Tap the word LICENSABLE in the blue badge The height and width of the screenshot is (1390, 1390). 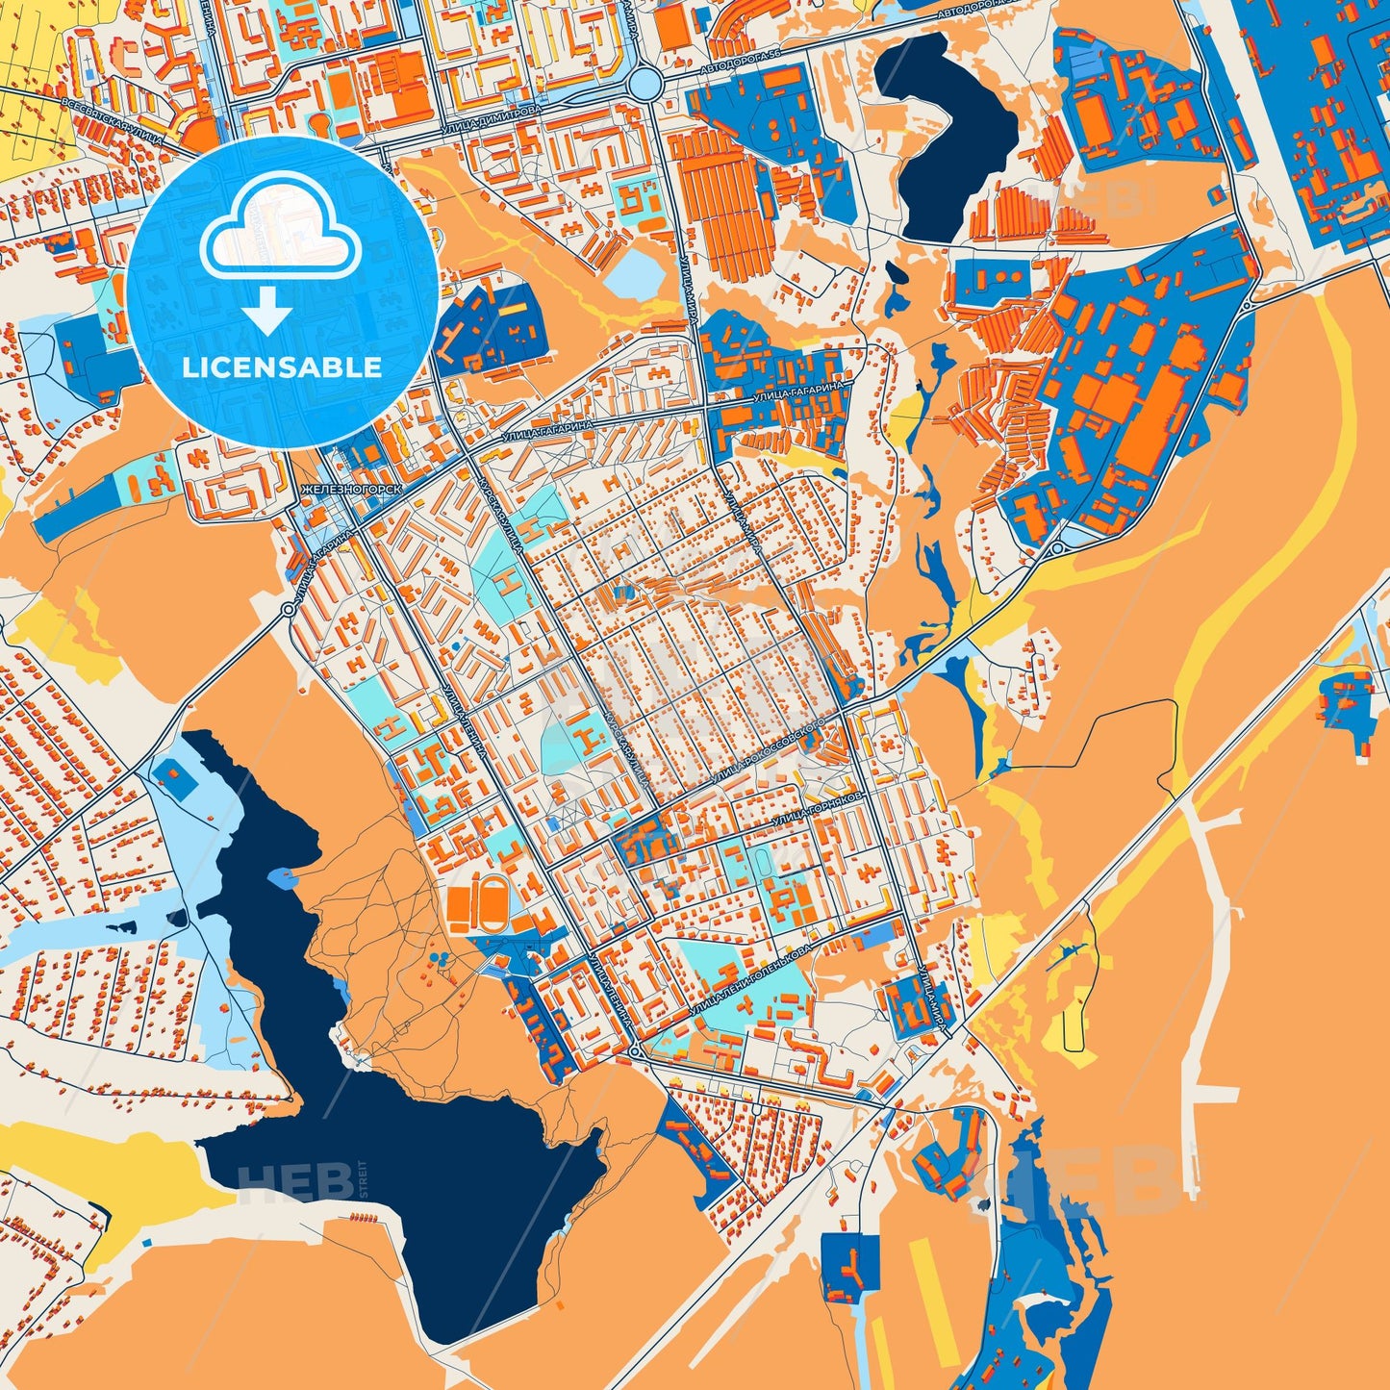[x=284, y=367]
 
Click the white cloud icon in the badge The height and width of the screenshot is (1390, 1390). [x=280, y=232]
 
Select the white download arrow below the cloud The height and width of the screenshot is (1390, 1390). [x=268, y=311]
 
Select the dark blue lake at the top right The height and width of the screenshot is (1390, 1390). [x=947, y=135]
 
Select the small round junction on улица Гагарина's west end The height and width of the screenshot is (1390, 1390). [x=288, y=610]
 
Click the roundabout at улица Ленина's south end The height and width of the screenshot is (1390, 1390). [x=634, y=1052]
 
